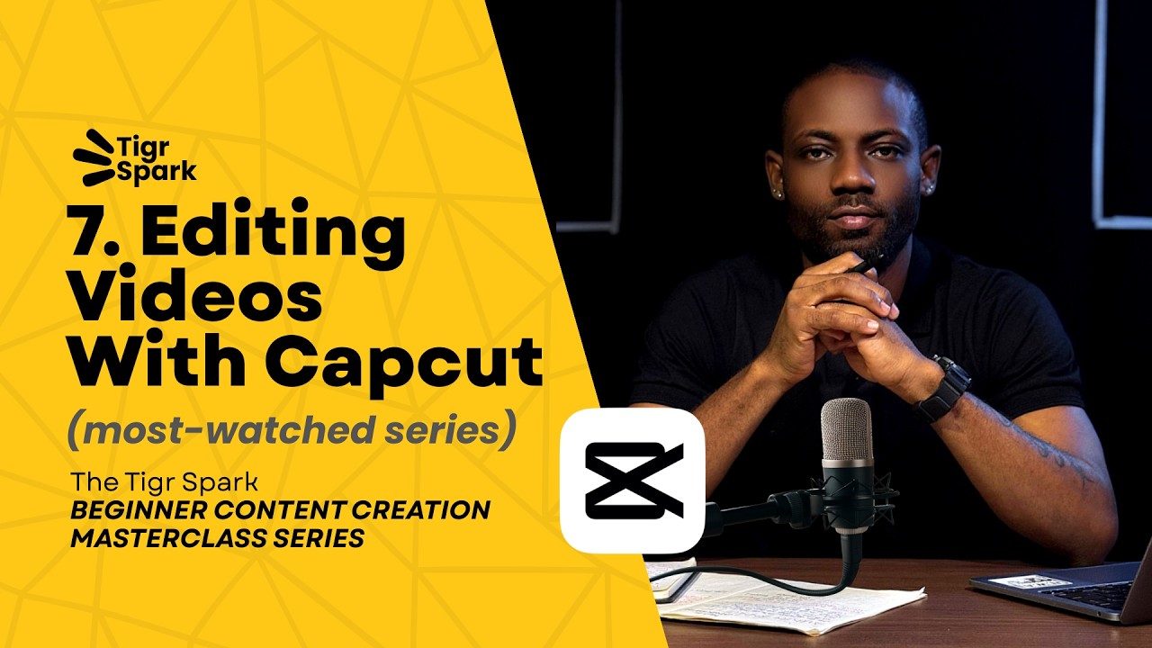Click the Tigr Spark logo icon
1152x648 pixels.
[x=94, y=157]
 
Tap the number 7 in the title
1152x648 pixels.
[x=90, y=236]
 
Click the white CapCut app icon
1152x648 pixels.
[x=633, y=481]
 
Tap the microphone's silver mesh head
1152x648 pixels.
[x=847, y=431]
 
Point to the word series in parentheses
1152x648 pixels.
[x=454, y=431]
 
